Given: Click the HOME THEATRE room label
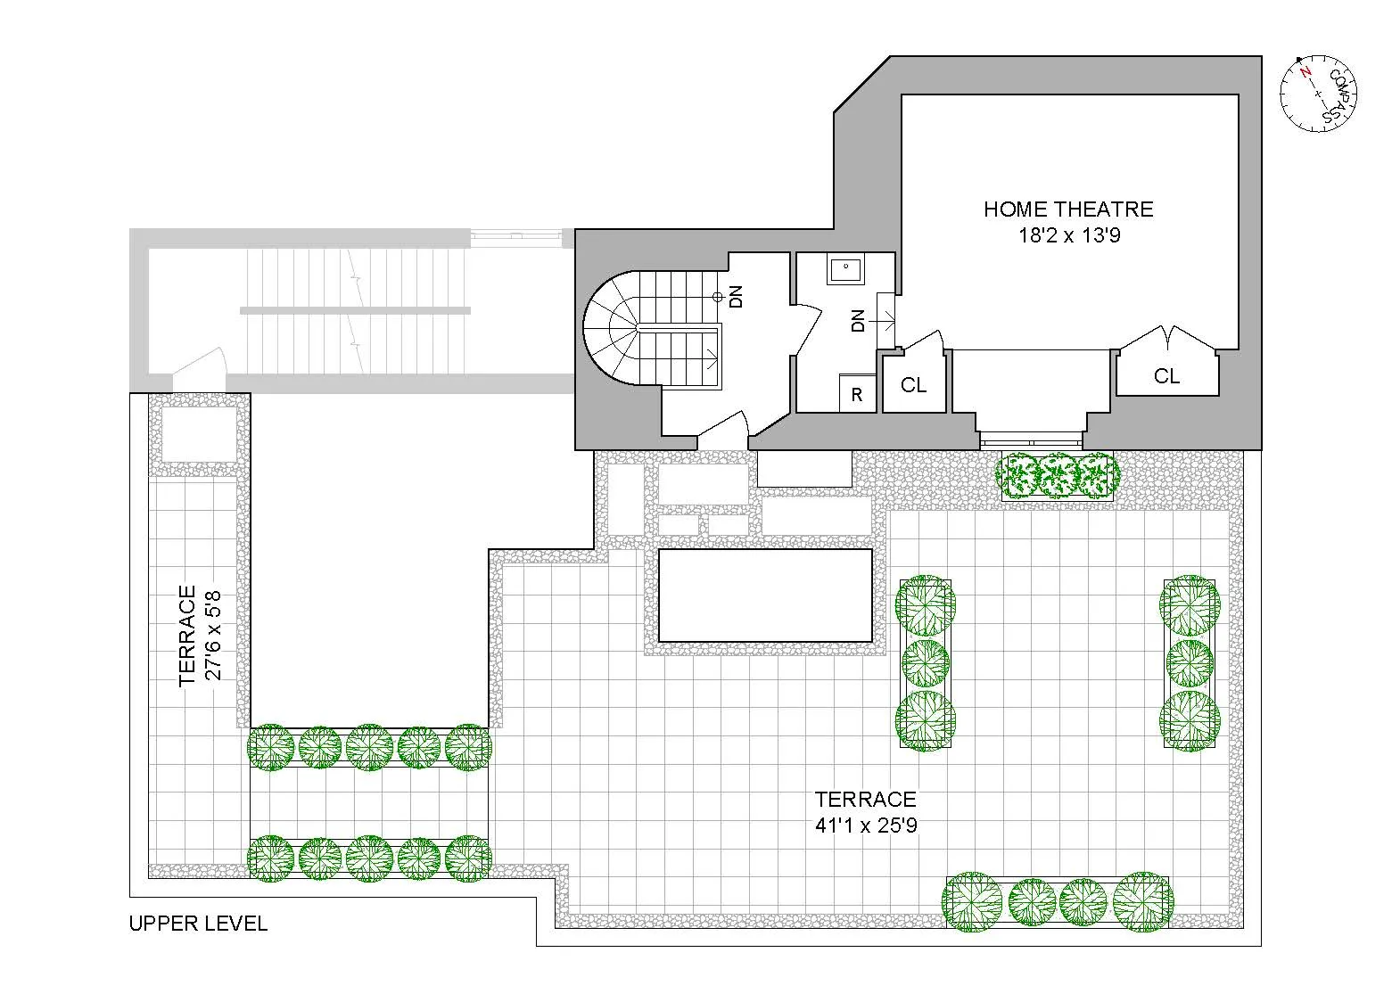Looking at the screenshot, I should coord(1068,209).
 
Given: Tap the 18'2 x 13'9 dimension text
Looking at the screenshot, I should coord(1068,236).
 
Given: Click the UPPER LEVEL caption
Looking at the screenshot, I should coord(198,924).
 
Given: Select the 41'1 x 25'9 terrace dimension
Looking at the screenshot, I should coord(866,825).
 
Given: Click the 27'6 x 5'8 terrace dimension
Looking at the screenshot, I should coord(215,635).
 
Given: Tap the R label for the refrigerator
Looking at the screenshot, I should coord(857,395).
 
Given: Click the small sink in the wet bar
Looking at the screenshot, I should coord(845,268).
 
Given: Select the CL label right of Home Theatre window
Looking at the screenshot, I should coord(1166,376).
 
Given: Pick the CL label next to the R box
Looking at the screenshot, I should coord(913,385).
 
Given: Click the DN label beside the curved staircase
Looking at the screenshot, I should coord(736,297).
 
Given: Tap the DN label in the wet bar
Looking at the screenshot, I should coord(858,321).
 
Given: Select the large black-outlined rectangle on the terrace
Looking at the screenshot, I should coord(764,595).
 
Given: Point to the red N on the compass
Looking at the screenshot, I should coord(1306,73).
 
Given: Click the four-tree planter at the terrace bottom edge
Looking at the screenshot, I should coord(1058,901).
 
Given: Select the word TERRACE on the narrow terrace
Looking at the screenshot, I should coord(187,635).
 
